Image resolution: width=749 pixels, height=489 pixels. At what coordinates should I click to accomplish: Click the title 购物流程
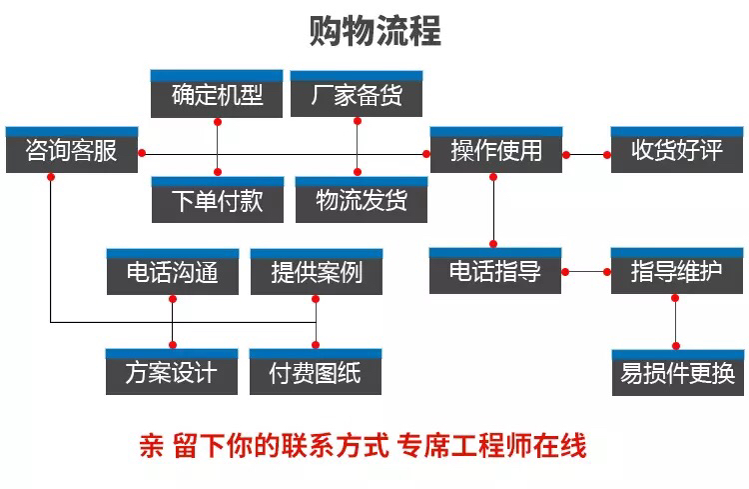tap(374, 31)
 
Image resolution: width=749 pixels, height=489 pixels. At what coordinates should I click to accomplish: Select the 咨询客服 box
tap(72, 150)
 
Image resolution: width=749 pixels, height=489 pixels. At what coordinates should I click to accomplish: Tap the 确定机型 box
tap(217, 94)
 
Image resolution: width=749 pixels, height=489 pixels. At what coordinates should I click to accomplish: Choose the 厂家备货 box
tap(357, 94)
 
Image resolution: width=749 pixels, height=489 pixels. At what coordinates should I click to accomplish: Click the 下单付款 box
tap(218, 200)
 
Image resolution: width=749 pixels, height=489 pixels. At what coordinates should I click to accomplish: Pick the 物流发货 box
tap(362, 200)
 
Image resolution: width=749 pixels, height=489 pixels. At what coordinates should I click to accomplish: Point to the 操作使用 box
tap(496, 150)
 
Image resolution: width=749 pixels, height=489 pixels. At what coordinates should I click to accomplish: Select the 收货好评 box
tap(677, 150)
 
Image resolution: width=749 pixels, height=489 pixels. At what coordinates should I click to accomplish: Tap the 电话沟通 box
tap(173, 272)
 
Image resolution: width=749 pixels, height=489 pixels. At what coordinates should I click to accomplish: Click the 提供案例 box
tap(317, 272)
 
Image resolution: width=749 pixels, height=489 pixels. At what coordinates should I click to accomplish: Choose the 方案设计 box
tap(172, 372)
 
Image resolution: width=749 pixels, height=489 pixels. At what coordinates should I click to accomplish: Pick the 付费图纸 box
tap(316, 372)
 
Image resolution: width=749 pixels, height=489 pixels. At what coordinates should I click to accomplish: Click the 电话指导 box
tap(495, 271)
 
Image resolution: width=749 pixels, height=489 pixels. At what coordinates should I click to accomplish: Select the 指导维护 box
tap(677, 271)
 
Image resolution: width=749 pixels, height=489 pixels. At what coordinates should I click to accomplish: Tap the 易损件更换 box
tap(678, 373)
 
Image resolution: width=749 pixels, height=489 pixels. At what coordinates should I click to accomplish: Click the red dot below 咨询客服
tap(51, 177)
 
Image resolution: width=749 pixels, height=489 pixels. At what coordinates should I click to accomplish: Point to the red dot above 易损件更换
tap(676, 346)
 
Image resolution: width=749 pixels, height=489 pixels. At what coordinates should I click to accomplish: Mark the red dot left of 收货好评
tap(607, 155)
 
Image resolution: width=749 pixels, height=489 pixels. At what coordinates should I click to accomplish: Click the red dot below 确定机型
tap(218, 122)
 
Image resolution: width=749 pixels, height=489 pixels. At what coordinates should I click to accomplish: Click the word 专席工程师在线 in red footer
tap(491, 446)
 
